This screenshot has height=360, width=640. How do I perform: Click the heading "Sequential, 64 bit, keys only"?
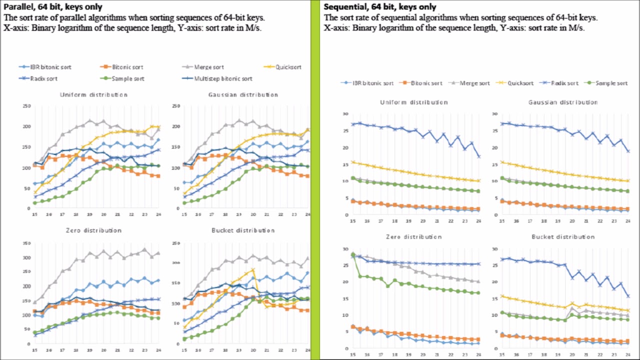379,6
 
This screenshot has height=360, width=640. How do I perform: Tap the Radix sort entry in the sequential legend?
563,83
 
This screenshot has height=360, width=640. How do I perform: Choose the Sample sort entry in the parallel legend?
125,78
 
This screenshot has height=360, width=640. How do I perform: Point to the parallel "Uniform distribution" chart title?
93,94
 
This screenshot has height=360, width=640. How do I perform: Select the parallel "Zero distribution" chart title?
93,230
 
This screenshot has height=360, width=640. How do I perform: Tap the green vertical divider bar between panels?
315,180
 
